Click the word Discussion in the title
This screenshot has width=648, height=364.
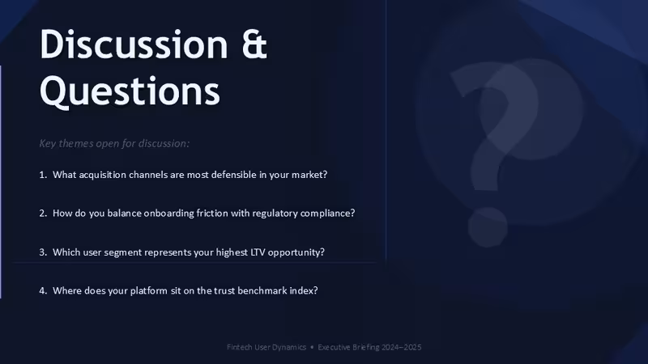point(134,44)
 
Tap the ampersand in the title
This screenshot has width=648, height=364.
point(254,44)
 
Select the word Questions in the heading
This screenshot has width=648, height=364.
point(130,91)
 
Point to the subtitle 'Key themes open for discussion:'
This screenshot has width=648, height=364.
point(114,143)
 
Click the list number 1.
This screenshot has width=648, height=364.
point(43,175)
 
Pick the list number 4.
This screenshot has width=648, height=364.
point(43,290)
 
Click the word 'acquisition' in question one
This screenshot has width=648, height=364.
point(103,175)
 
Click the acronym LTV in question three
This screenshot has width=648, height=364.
point(258,252)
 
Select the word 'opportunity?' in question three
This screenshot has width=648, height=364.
point(296,252)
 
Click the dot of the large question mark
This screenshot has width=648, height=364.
point(488,227)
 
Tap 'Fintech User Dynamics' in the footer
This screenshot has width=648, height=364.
point(266,347)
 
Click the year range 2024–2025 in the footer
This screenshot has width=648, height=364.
point(401,347)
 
